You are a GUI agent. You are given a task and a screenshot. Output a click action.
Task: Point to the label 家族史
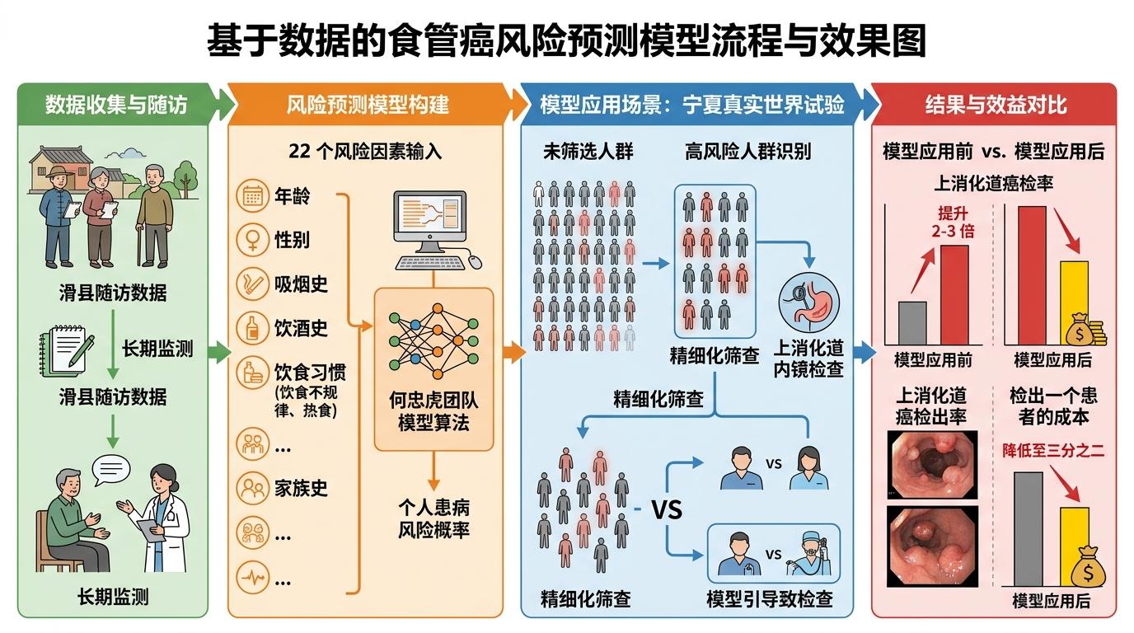coord(301,488)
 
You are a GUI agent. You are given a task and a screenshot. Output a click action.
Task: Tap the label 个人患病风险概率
coord(433,518)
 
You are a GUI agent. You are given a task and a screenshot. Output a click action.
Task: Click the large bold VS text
coord(667,509)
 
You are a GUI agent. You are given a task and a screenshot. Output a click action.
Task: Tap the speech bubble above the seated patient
coord(111,470)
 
